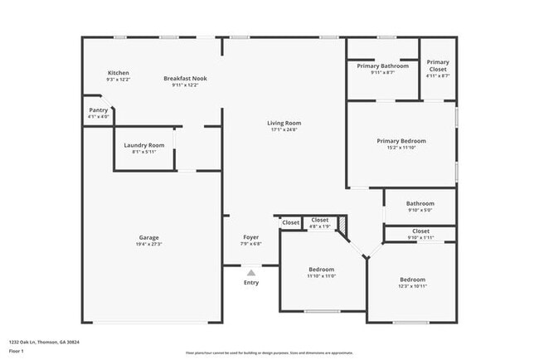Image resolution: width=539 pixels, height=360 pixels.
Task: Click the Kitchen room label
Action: pyautogui.click(x=119, y=73)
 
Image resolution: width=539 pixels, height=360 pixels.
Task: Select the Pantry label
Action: pyautogui.click(x=98, y=110)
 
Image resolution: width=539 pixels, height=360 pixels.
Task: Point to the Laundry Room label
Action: pyautogui.click(x=144, y=145)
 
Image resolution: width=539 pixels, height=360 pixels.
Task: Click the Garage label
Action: pyautogui.click(x=149, y=238)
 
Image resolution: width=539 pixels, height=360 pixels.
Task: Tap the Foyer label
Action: pyautogui.click(x=251, y=237)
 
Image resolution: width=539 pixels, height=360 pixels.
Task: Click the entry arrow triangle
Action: pyautogui.click(x=251, y=271)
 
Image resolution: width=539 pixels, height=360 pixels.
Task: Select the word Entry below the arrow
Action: pyautogui.click(x=251, y=283)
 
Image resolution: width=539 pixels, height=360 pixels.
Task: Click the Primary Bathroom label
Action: pyautogui.click(x=382, y=66)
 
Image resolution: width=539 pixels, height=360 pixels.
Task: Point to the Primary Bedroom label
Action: pyautogui.click(x=401, y=141)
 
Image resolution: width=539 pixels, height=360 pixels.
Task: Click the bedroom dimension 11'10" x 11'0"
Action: pyautogui.click(x=321, y=276)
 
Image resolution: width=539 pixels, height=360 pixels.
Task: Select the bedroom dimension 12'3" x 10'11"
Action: pyautogui.click(x=412, y=286)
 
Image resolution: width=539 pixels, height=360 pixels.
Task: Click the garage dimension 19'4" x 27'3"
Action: pyautogui.click(x=149, y=245)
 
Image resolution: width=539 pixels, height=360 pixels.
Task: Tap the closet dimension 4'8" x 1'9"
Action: pyautogui.click(x=319, y=226)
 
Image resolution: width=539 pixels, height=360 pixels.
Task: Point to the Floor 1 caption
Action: pyautogui.click(x=16, y=351)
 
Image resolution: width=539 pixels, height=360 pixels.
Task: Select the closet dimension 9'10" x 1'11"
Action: pyautogui.click(x=420, y=237)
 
